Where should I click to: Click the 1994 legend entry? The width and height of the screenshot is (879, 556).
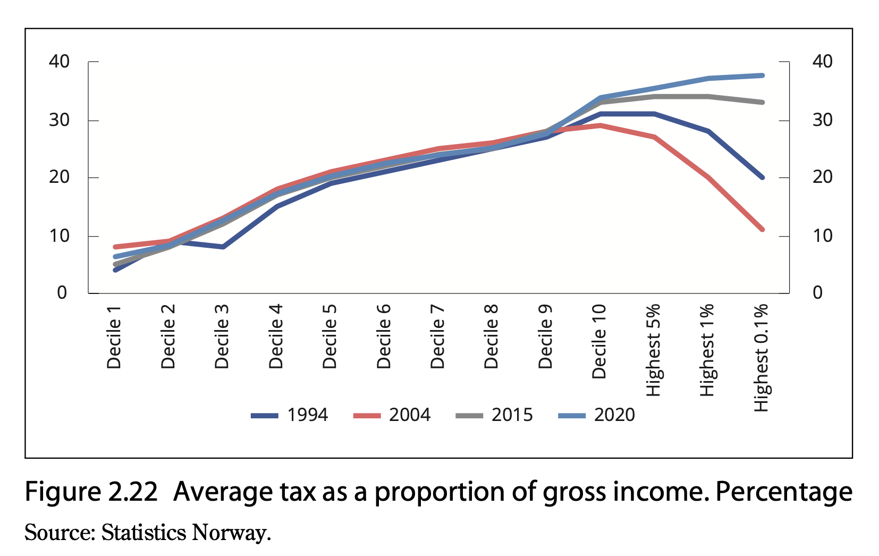[290, 415]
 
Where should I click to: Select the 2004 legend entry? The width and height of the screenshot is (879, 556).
[392, 415]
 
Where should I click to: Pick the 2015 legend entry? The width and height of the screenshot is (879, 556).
[495, 415]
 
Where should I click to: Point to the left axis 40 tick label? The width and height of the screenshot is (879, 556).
[60, 62]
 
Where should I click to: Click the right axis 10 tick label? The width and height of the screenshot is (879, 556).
[822, 235]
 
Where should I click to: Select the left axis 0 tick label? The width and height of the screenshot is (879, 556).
[62, 293]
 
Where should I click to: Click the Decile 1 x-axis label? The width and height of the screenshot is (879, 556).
[114, 338]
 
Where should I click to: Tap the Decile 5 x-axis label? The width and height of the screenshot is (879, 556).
[330, 336]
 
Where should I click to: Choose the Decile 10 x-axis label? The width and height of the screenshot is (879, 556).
[599, 341]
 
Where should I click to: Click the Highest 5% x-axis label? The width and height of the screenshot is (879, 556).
[653, 350]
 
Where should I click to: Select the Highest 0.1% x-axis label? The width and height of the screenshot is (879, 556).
[761, 357]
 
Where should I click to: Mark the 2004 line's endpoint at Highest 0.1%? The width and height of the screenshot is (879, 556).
[762, 230]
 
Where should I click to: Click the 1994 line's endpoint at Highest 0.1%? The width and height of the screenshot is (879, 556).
[762, 178]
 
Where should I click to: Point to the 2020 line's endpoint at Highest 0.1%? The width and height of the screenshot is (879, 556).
[762, 75]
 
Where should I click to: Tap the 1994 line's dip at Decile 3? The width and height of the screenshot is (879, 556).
[223, 247]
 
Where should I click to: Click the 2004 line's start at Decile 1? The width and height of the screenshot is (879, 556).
[115, 247]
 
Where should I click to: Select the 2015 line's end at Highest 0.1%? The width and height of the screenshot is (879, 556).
[762, 102]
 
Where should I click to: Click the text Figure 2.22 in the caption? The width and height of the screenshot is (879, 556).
[91, 492]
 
